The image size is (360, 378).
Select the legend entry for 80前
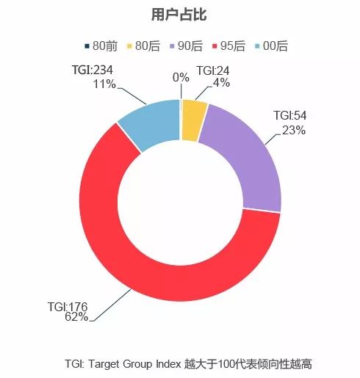click(101, 46)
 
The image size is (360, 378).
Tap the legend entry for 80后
click(144, 46)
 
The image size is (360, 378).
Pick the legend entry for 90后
click(187, 46)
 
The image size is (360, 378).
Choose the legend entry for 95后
click(229, 46)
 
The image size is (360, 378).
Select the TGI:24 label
click(212, 71)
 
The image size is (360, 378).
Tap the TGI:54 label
click(289, 116)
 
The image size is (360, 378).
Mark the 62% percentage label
click(76, 317)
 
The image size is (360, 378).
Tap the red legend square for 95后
click(215, 46)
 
